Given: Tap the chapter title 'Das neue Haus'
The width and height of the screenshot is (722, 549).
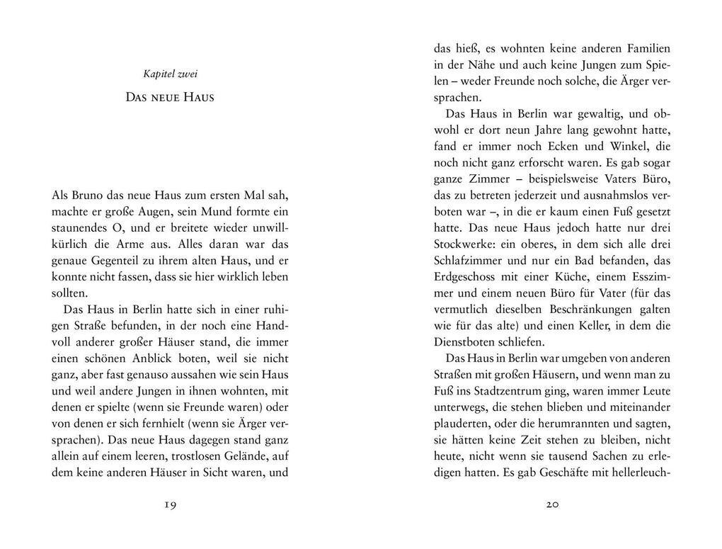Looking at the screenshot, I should coord(169,97).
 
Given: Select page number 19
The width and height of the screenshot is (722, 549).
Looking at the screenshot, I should coord(169,504).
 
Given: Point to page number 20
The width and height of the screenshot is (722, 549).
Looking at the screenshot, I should coord(553,504).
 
